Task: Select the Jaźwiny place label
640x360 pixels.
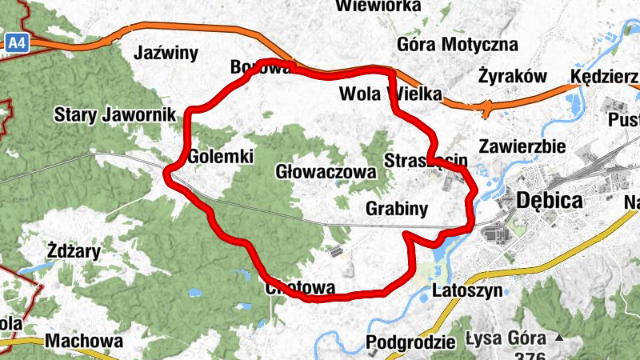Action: click(x=166, y=54)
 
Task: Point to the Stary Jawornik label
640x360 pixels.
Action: click(x=114, y=115)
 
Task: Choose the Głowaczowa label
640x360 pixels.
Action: click(x=325, y=172)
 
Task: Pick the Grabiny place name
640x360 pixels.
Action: click(x=397, y=209)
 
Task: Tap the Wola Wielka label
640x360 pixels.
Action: click(x=390, y=94)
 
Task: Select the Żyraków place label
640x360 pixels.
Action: click(x=512, y=77)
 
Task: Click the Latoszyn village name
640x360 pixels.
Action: click(x=467, y=290)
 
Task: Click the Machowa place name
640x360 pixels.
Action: click(x=85, y=341)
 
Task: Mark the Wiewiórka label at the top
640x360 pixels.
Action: click(x=378, y=6)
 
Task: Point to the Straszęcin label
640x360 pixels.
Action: click(x=426, y=160)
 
